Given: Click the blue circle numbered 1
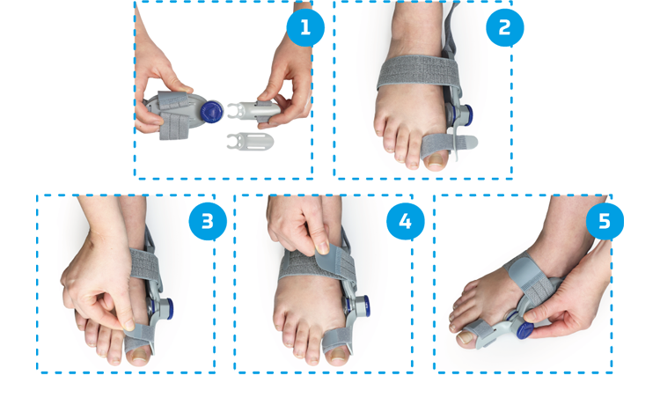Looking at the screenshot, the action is point(305,28).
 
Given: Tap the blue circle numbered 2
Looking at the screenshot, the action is point(505,28).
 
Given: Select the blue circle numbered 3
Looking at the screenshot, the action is point(208,222).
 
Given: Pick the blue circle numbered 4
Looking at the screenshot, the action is point(406,222).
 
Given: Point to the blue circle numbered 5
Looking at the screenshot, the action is point(605,222).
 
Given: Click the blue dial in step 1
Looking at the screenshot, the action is point(212,112).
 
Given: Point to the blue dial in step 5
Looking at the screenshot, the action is point(524,330).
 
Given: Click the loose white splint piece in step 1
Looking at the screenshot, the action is point(250,141).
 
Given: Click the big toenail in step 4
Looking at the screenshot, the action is point(339,355).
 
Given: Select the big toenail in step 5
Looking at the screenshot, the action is point(466,337).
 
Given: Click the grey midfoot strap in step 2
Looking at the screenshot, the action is point(418,71).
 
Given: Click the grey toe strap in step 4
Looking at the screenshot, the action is point(338,339).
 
